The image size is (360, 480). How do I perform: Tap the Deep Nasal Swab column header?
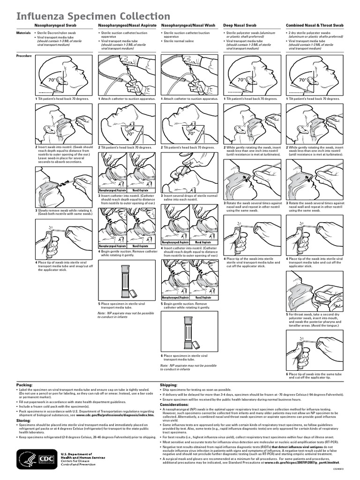240,25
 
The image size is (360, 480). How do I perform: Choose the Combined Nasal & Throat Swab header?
315,25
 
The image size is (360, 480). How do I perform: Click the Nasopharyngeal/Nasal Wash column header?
188,25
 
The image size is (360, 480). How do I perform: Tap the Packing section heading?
25,384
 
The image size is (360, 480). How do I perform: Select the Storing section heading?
24,421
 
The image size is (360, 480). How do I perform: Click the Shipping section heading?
169,384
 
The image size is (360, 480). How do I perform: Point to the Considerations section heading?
175,404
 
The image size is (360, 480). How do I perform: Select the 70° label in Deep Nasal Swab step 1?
241,80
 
